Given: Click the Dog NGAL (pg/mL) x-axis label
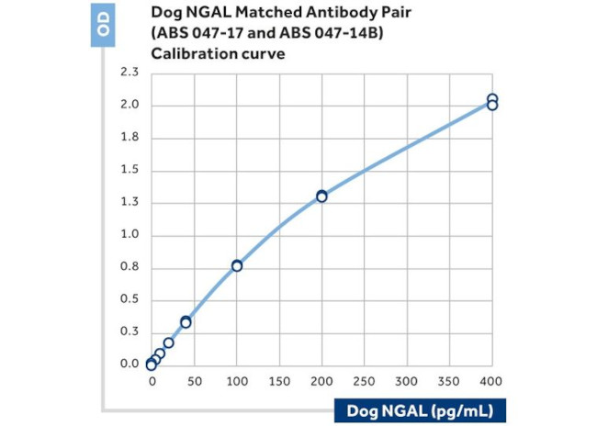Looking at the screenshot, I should [x=425, y=409].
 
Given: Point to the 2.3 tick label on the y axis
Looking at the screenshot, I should [x=130, y=72].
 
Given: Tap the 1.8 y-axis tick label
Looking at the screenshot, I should [x=130, y=138].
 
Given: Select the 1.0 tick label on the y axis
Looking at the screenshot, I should [x=130, y=234].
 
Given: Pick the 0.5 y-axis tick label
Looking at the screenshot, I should [x=130, y=299].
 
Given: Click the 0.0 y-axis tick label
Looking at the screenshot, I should [x=130, y=364].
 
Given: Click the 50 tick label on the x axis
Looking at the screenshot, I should [x=194, y=380].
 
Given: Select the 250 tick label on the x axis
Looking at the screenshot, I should [x=364, y=380].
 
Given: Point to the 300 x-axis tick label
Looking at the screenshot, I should [x=407, y=380].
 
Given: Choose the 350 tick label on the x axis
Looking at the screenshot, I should [x=449, y=380].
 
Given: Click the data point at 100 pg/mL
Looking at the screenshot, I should [x=237, y=265].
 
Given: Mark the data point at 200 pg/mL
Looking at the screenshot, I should [x=321, y=196].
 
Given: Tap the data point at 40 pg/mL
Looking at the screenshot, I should [x=186, y=321].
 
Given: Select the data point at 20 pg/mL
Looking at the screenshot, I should [x=169, y=342].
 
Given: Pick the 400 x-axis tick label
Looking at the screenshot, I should [x=492, y=380].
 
